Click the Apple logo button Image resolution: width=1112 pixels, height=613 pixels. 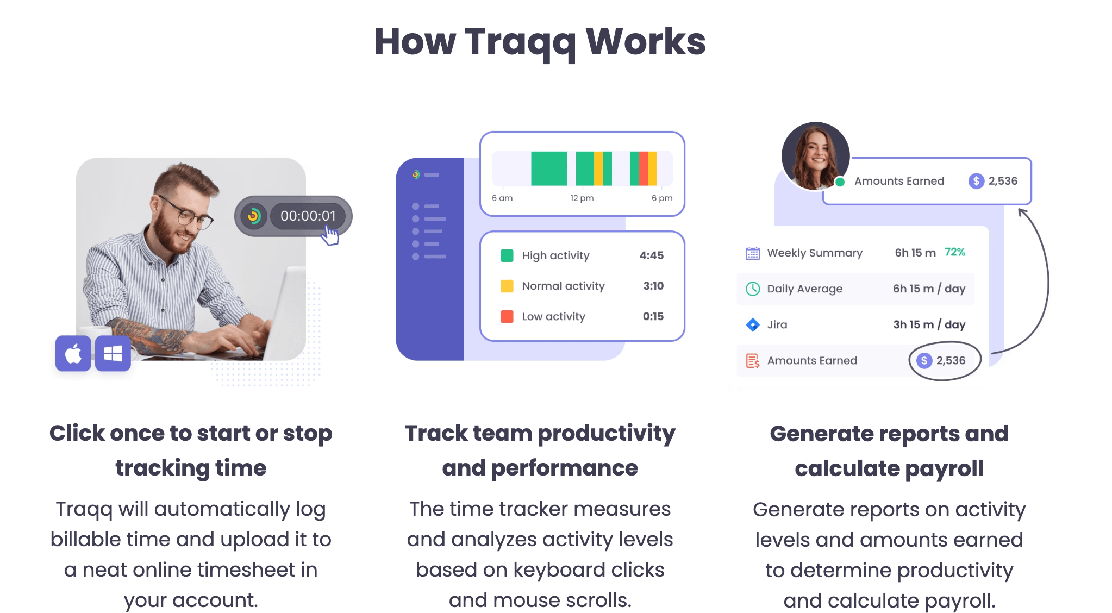(x=73, y=354)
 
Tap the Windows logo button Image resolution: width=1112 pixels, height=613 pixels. (x=113, y=354)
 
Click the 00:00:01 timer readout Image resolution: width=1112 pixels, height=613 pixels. (x=308, y=216)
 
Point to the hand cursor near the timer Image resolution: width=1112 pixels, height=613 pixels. (x=330, y=235)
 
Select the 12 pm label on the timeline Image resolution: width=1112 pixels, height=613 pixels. (x=582, y=198)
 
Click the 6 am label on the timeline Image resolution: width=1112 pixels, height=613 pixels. (x=502, y=198)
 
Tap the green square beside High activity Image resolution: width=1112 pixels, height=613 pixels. (x=507, y=255)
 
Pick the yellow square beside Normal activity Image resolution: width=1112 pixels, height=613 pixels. (x=507, y=286)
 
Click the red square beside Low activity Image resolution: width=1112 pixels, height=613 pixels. (x=507, y=316)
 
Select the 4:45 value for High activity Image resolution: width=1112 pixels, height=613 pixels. (x=651, y=255)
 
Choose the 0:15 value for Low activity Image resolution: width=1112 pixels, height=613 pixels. (x=653, y=316)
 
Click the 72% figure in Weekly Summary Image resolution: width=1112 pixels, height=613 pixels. (x=954, y=252)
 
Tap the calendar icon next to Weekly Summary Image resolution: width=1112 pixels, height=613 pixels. (x=753, y=253)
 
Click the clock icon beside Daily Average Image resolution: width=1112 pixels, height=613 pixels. (x=753, y=289)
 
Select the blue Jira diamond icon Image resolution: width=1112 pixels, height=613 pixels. (x=753, y=324)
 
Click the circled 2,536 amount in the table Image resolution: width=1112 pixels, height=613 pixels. (x=945, y=360)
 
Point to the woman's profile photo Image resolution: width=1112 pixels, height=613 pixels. (x=815, y=155)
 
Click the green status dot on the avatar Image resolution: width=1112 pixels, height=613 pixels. (x=840, y=182)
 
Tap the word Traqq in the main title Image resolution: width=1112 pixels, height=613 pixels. (x=520, y=42)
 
